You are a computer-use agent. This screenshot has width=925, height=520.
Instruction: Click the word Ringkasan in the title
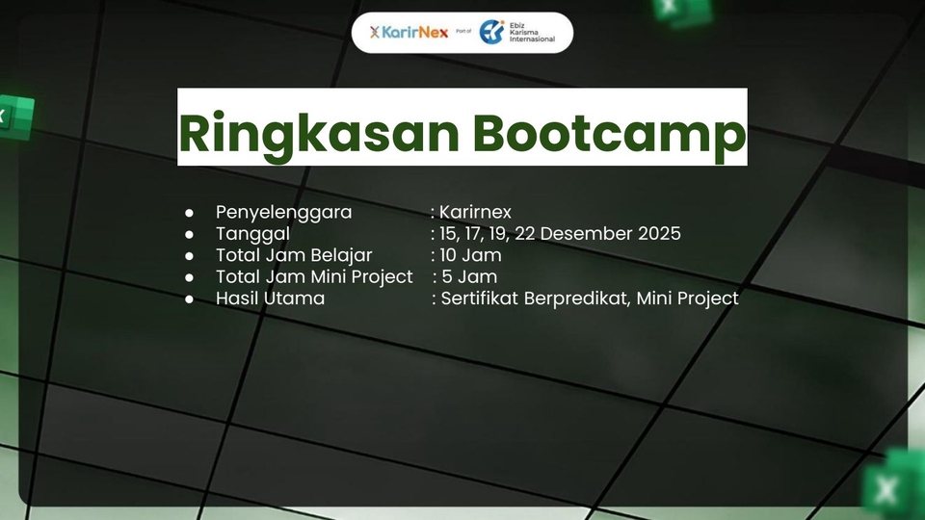[319, 135]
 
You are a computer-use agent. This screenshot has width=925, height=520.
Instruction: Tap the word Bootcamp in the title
[609, 135]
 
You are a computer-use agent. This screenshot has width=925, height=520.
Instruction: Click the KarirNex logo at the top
[409, 32]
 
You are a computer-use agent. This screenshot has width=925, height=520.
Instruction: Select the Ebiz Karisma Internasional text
[532, 33]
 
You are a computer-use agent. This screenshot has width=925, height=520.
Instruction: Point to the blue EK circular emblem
[492, 32]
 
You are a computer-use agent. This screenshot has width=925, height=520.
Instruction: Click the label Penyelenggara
[283, 212]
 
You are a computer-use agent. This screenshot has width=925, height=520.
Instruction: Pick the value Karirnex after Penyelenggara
[475, 212]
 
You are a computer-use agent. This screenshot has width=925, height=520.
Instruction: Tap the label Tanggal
[252, 234]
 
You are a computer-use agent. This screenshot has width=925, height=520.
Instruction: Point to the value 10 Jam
[470, 255]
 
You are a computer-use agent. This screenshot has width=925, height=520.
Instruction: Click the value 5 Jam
[469, 276]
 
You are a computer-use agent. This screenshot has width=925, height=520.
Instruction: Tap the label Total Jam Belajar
[294, 255]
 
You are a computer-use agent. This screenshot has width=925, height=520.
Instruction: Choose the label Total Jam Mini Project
[314, 276]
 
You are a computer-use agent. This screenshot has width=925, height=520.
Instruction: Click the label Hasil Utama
[270, 299]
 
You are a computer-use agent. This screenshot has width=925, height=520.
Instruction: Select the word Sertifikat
[480, 299]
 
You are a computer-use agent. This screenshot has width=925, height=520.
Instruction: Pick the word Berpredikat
[577, 299]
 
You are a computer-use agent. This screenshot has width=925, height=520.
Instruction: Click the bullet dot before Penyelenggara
[189, 213]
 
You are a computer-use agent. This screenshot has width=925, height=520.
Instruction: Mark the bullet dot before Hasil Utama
[189, 299]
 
